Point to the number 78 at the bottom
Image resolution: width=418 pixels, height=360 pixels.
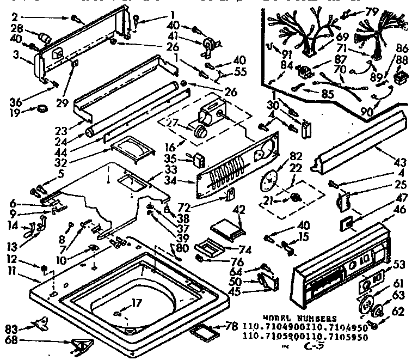coord(232,326)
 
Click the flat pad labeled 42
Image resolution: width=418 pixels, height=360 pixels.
coord(227,224)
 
